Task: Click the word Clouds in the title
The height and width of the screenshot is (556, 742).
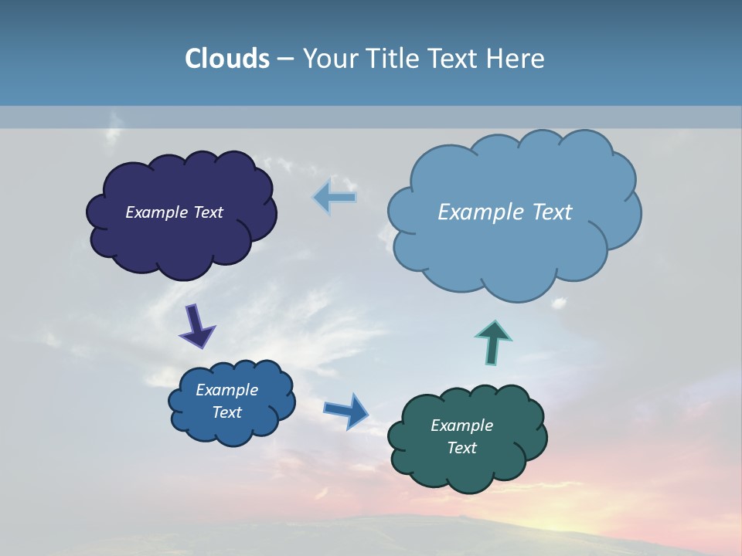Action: coord(227,59)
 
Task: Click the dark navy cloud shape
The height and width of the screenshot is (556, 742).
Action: coord(182,239)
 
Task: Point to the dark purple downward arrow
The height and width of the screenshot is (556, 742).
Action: coord(197,326)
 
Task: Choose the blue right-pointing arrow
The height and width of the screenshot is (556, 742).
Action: coord(346,410)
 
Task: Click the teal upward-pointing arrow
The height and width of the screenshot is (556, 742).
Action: coord(493,341)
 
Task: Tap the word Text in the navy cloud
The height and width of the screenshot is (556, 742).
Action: coord(208,212)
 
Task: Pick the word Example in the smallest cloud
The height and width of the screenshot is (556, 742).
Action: coord(226,390)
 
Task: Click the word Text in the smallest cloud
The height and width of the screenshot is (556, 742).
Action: coord(226,412)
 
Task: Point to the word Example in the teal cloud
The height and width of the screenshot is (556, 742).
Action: coord(461,425)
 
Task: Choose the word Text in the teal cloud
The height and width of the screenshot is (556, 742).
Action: coord(461,448)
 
